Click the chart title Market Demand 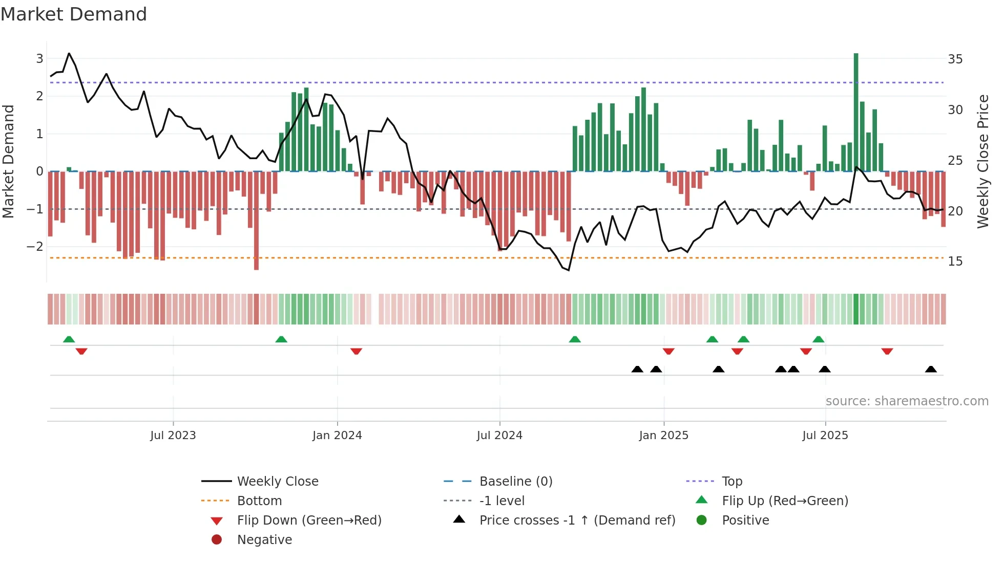click(x=74, y=14)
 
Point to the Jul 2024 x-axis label click(x=499, y=436)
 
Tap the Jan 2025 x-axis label click(x=663, y=436)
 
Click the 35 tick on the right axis click(x=955, y=59)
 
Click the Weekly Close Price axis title click(x=982, y=161)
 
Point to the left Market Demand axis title click(x=9, y=161)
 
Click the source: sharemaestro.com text click(x=907, y=401)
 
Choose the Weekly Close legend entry click(x=277, y=482)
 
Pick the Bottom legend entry click(x=259, y=501)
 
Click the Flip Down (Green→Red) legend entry click(x=309, y=520)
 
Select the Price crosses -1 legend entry click(x=577, y=520)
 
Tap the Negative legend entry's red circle click(x=217, y=540)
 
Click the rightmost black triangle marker click(x=931, y=370)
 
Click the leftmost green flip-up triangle click(x=69, y=339)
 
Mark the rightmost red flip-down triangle click(x=887, y=351)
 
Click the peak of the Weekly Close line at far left click(x=69, y=53)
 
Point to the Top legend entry click(x=731, y=482)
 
